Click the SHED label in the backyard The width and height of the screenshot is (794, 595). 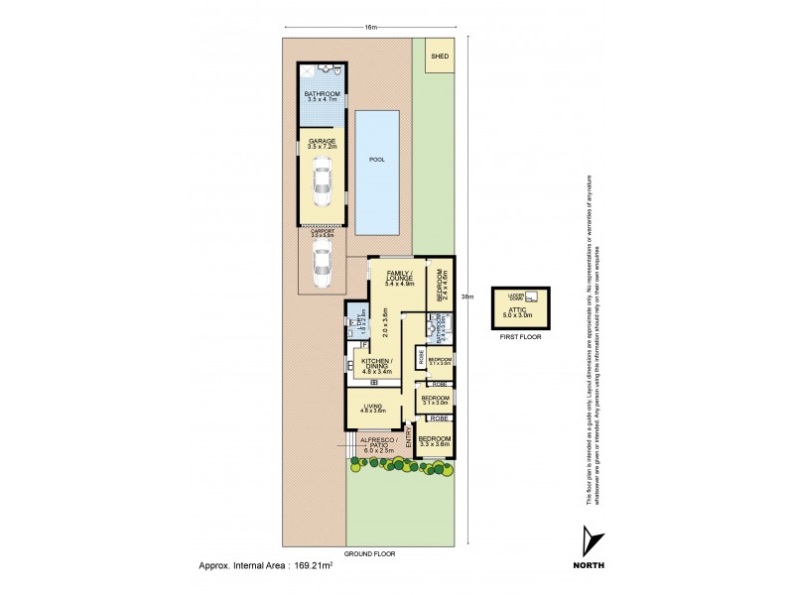439,57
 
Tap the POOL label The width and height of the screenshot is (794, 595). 376,160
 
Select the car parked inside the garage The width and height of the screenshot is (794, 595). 322,183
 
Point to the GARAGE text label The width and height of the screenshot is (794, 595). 322,142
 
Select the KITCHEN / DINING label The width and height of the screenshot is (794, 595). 376,365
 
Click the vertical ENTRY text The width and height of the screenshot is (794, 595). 408,435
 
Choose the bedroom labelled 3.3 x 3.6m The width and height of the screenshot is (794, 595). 435,441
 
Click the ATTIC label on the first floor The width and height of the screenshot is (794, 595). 520,312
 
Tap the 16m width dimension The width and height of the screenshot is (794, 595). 371,27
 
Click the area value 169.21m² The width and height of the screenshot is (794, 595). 330,566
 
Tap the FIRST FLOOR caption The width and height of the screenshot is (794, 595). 520,338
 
